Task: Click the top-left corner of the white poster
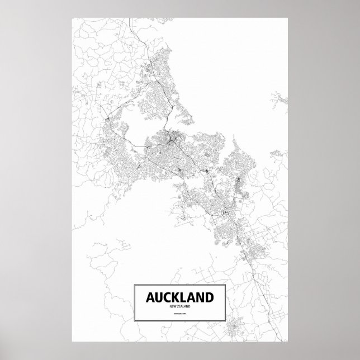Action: click(72, 17)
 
